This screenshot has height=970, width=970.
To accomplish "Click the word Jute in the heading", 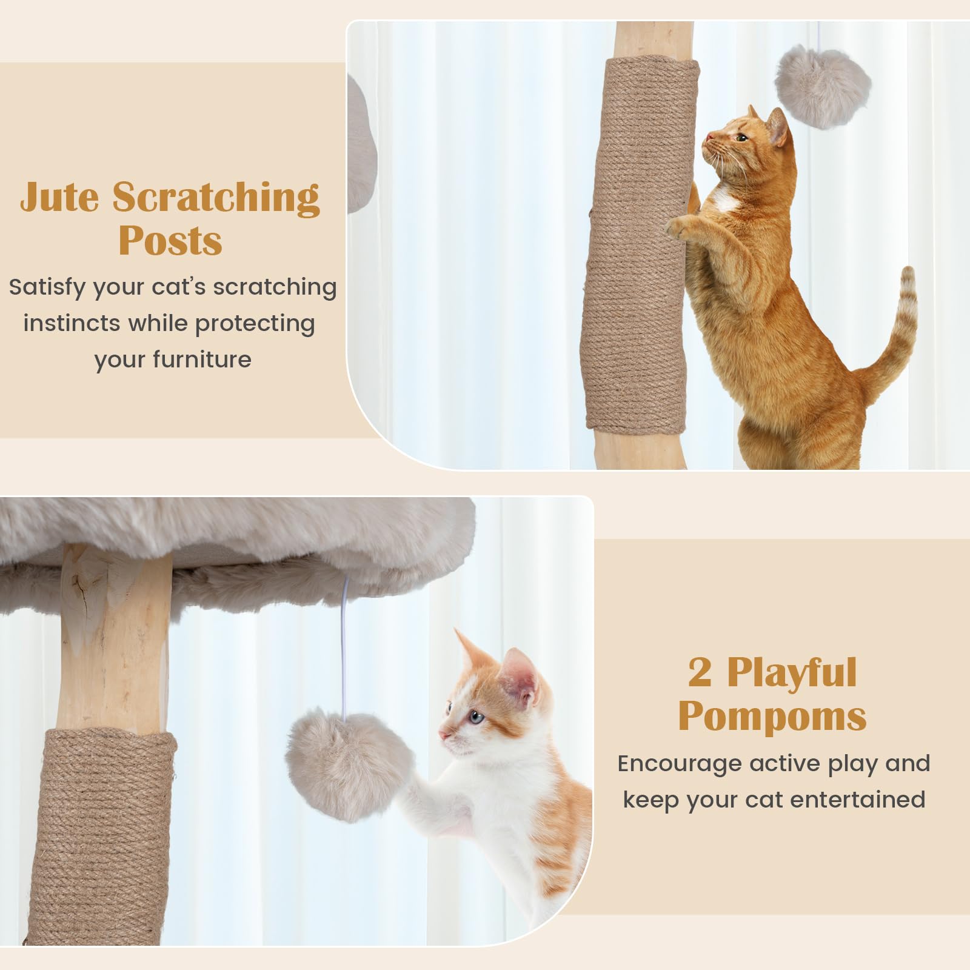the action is [x=59, y=197].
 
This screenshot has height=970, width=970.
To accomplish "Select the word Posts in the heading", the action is [x=170, y=241].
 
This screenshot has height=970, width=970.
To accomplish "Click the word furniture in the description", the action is [x=202, y=360].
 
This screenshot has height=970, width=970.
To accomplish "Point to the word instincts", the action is [x=72, y=323].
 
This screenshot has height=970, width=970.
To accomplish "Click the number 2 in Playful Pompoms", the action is [x=700, y=672].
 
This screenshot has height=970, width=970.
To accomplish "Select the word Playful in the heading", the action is [x=792, y=673].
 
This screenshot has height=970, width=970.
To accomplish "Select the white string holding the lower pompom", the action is [x=344, y=644].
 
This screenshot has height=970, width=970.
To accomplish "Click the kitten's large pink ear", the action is [x=520, y=678].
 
